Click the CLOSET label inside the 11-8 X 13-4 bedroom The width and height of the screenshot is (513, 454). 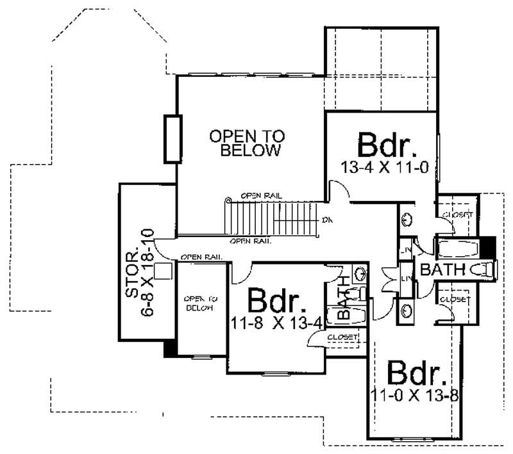[342, 337]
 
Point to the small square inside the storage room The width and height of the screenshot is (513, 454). [165, 271]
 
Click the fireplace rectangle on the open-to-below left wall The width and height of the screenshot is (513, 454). [171, 139]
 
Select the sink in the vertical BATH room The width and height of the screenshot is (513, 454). [360, 274]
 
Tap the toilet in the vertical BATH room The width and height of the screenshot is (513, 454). [360, 293]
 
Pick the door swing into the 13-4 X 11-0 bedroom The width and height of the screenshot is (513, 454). [339, 188]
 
